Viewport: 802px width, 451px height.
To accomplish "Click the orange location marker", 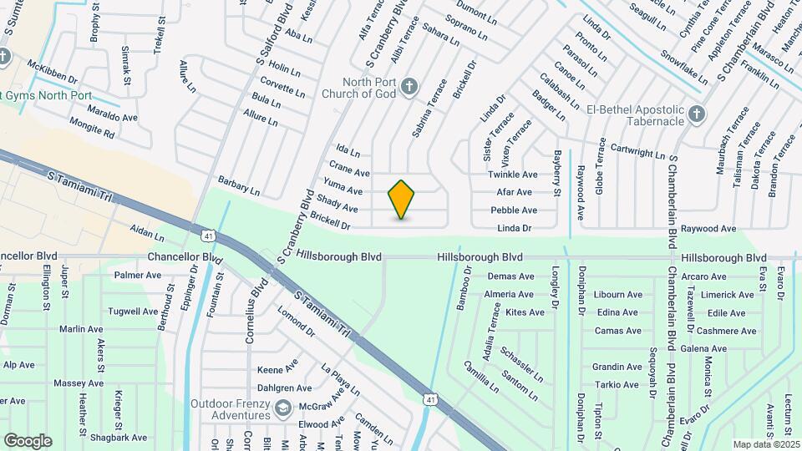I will coord(401,200).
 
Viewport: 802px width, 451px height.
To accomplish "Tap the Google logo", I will coord(28,440).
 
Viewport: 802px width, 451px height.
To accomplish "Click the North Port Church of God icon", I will coord(409,86).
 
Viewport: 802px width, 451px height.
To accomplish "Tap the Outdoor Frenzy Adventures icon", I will coord(282,408).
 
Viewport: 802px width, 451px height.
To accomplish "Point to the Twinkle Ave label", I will coord(513,175).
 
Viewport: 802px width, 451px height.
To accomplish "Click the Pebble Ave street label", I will coord(514,210).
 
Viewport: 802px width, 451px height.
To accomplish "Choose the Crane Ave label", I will coord(349,173).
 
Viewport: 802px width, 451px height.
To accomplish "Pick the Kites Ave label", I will coord(525,312).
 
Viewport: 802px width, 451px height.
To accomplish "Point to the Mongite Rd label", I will coord(91,132).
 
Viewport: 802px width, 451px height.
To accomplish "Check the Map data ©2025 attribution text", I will coord(764,443).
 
